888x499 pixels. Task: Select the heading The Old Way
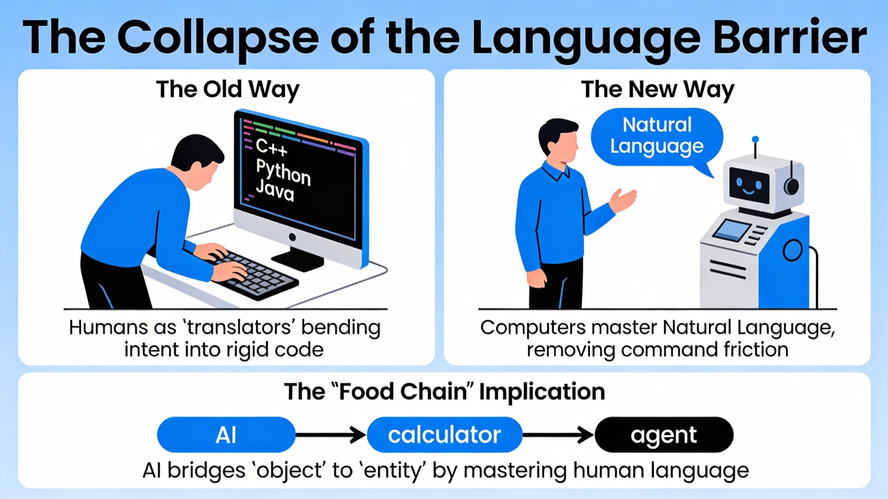point(228,90)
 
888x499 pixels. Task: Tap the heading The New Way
point(658,90)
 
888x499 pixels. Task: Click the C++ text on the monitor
point(272,147)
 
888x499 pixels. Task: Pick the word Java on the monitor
point(275,191)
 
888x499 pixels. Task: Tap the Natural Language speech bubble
point(657,137)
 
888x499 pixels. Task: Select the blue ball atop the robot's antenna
point(755,139)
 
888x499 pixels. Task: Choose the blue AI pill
point(226,435)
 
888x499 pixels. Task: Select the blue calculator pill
point(444,435)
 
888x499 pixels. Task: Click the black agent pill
point(664,435)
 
